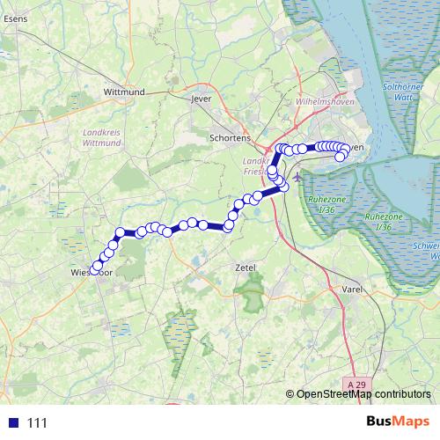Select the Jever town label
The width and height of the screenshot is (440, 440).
(x=202, y=99)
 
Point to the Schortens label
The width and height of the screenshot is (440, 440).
(x=231, y=138)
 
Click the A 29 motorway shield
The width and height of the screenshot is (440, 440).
(x=356, y=385)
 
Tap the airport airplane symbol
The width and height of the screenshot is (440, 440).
(x=297, y=176)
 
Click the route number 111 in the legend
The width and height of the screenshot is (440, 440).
(x=36, y=423)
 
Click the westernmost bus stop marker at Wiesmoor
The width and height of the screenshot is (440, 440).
(x=97, y=267)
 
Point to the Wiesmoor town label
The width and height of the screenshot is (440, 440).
(x=87, y=274)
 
